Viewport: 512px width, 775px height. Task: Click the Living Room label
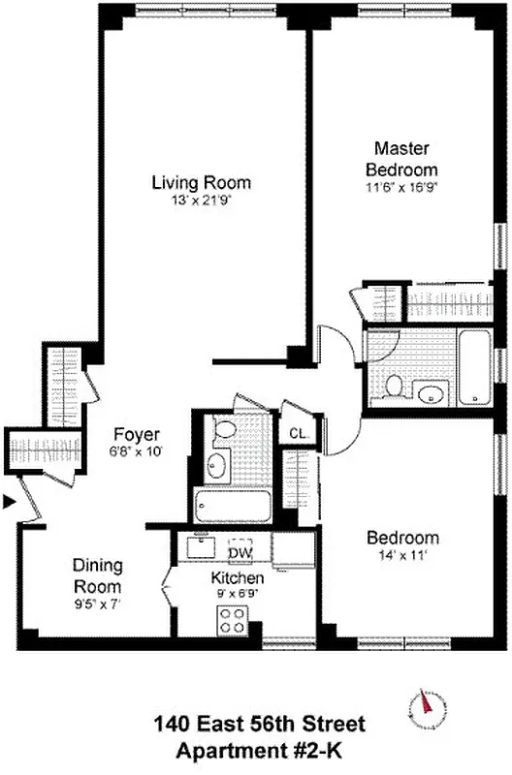click(201, 182)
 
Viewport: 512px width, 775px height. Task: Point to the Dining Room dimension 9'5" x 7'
click(97, 604)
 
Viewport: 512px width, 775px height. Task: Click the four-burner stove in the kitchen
click(233, 619)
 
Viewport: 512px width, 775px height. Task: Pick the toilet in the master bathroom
click(394, 386)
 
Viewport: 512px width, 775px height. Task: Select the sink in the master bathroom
click(429, 392)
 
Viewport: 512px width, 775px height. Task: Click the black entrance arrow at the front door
click(10, 502)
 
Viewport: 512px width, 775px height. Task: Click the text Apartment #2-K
click(257, 750)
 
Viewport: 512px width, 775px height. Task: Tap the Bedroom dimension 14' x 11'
click(401, 556)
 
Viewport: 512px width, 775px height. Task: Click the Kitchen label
click(234, 577)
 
